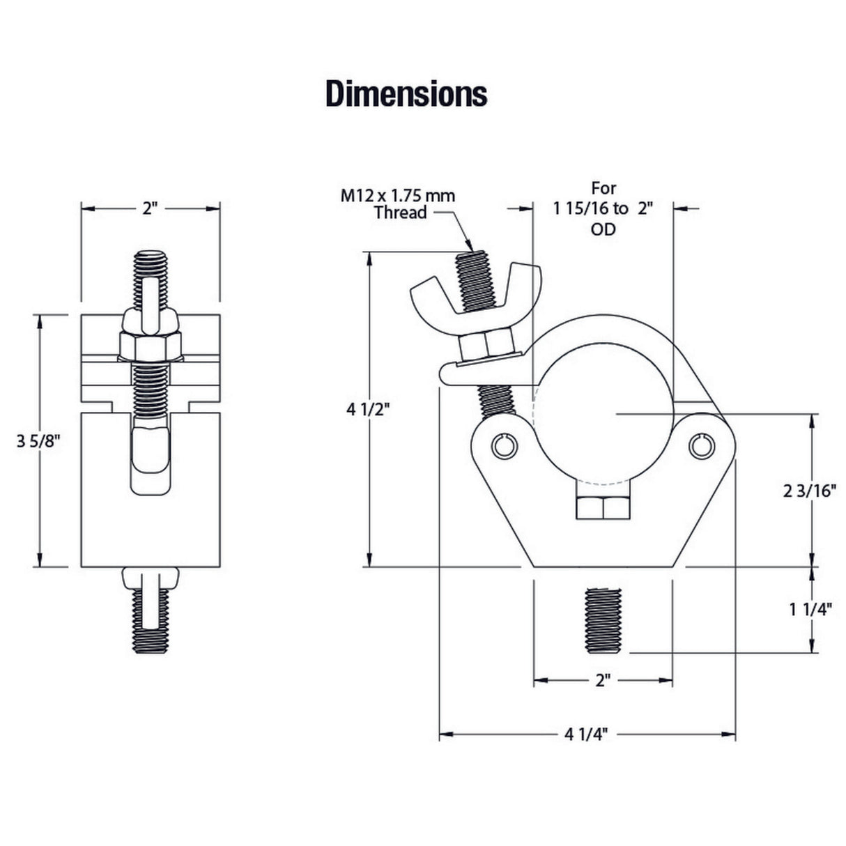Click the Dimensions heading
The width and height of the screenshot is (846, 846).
(x=406, y=94)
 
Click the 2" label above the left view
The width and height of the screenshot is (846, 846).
(x=151, y=208)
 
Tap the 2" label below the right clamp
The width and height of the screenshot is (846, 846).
(x=603, y=680)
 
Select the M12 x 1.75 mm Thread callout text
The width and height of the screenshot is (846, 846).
(x=398, y=203)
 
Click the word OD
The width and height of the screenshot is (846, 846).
(x=603, y=229)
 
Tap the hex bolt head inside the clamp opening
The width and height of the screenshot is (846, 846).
(x=603, y=508)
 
